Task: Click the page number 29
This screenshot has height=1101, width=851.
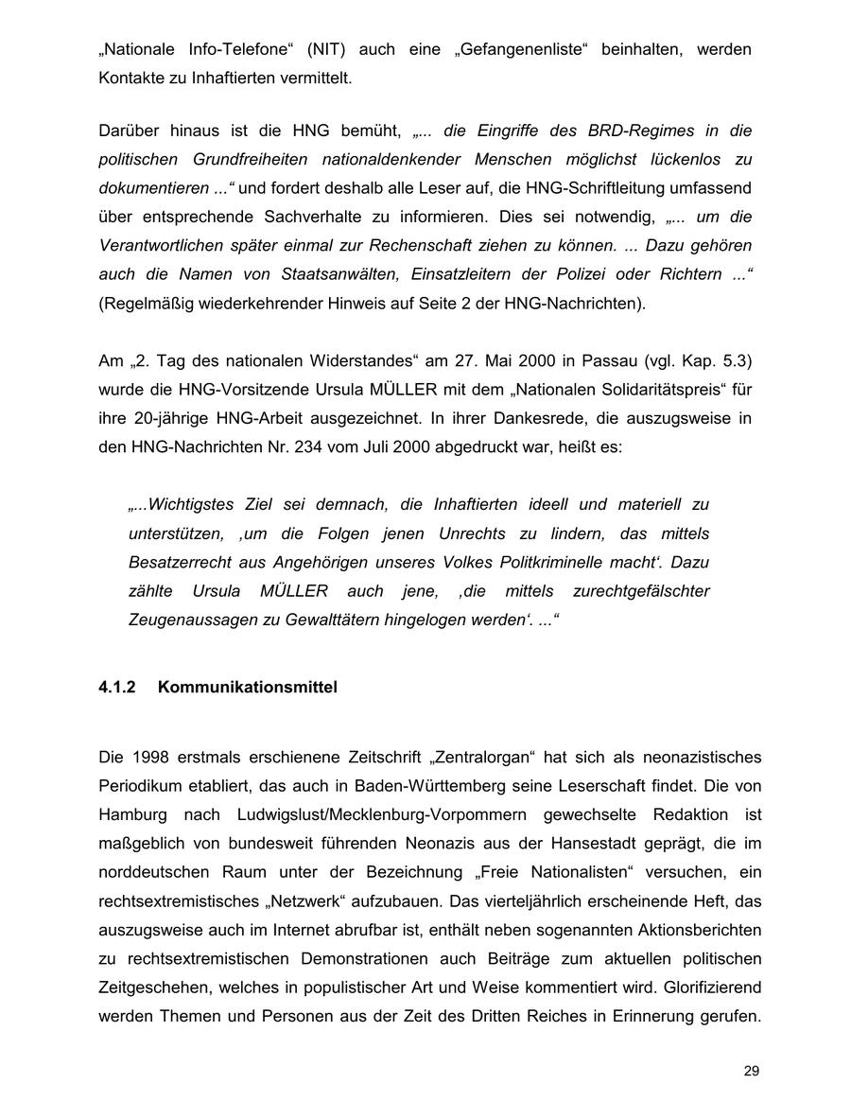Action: click(x=751, y=1071)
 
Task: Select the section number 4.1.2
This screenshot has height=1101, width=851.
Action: click(x=117, y=688)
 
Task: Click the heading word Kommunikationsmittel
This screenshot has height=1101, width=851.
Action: click(x=248, y=688)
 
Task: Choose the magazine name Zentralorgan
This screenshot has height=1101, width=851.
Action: click(x=482, y=757)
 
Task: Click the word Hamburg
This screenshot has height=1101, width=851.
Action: click(x=133, y=814)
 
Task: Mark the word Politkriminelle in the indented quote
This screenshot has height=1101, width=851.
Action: click(x=549, y=562)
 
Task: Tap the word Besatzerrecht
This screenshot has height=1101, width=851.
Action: click(x=182, y=562)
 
